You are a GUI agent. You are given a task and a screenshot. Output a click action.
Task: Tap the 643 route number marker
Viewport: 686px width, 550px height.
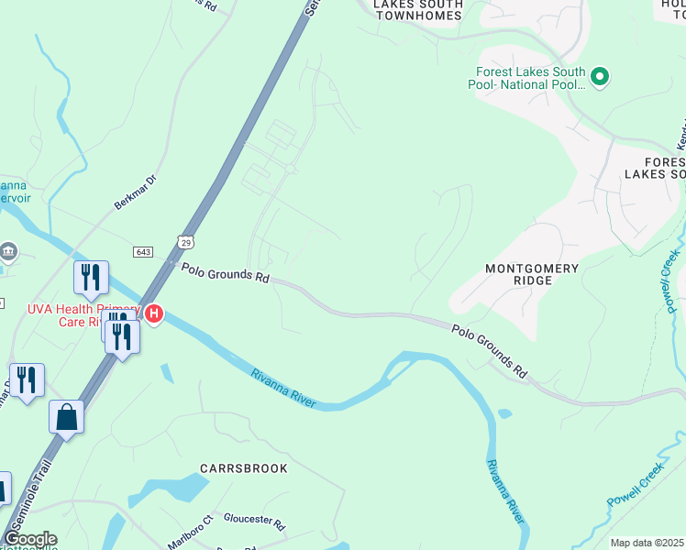[142, 251]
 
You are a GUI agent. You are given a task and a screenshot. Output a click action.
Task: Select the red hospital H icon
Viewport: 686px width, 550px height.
[154, 314]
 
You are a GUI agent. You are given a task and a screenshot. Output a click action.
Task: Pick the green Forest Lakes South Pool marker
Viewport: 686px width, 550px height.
[600, 77]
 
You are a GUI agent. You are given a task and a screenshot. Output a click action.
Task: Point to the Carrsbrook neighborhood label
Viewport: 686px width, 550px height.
[243, 468]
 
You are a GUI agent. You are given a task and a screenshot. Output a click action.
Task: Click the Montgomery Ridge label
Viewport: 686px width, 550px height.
[532, 274]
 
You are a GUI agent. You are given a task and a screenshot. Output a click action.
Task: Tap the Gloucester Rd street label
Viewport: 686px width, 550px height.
[254, 519]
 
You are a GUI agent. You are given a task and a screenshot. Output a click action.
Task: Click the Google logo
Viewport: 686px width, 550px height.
[29, 539]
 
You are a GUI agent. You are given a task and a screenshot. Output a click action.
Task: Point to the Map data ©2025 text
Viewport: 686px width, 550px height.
[647, 543]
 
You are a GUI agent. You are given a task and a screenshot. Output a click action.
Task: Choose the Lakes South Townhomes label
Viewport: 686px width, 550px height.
[417, 10]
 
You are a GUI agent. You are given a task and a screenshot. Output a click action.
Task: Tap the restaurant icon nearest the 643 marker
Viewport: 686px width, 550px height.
[91, 277]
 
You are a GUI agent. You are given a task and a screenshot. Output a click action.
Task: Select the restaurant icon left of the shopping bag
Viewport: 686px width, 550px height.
[26, 381]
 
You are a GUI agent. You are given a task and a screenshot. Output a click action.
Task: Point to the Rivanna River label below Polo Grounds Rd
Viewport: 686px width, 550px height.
[285, 389]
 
